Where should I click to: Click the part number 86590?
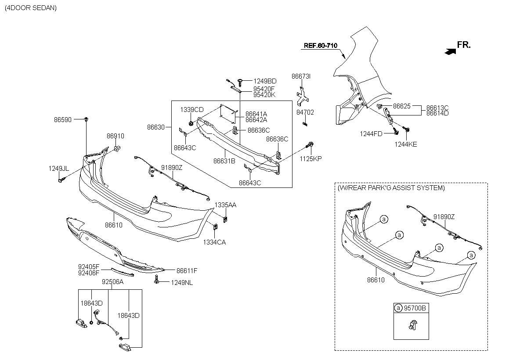63,119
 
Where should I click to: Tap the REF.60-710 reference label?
321,46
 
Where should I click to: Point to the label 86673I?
301,76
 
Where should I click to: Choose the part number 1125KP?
311,159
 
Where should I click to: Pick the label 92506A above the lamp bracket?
112,282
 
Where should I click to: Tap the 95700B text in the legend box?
415,308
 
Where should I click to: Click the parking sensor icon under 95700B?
411,326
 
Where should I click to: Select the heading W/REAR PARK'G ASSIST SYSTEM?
391,188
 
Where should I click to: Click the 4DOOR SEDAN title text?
31,8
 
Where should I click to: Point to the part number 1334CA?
214,242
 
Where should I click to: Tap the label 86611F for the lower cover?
187,271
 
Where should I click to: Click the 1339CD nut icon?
191,122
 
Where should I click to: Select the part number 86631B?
224,162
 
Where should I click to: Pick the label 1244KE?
406,144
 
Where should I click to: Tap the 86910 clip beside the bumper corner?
117,149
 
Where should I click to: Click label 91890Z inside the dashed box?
444,216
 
